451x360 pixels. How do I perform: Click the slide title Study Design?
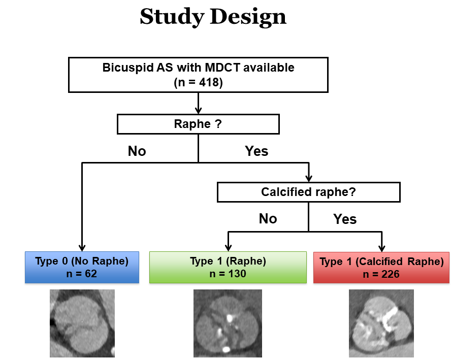[x=213, y=17]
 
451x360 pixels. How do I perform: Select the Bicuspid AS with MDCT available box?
[x=198, y=75]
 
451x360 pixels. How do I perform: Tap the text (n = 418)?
[x=198, y=82]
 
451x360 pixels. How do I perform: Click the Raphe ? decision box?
[x=198, y=124]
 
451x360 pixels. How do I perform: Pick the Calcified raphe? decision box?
[x=308, y=192]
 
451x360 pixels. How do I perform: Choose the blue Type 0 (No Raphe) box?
[x=82, y=267]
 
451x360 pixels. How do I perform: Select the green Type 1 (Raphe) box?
[x=228, y=267]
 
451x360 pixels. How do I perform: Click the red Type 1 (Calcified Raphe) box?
[x=381, y=267]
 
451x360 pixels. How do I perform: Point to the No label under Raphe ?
[x=137, y=151]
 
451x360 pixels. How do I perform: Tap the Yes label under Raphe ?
[x=256, y=151]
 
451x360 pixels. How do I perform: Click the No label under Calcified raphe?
[x=268, y=219]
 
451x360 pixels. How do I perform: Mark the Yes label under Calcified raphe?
[x=345, y=219]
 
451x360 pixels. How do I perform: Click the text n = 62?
[x=82, y=274]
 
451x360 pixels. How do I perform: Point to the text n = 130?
[x=228, y=274]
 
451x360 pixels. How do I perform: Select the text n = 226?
[x=381, y=274]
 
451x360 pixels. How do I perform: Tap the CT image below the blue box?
[x=82, y=323]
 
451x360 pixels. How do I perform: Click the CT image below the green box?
[x=228, y=323]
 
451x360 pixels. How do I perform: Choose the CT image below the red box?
[x=381, y=323]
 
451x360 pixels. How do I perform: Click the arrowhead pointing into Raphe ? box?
[x=198, y=110]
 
